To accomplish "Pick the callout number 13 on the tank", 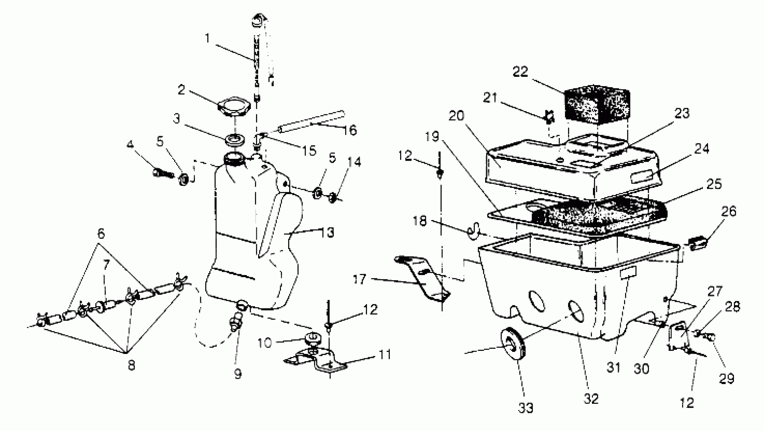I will coord(328,232).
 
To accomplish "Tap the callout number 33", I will coord(526,408).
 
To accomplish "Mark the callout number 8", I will coord(131,365).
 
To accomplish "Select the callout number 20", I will coord(456,116).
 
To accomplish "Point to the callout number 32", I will coord(591,399).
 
